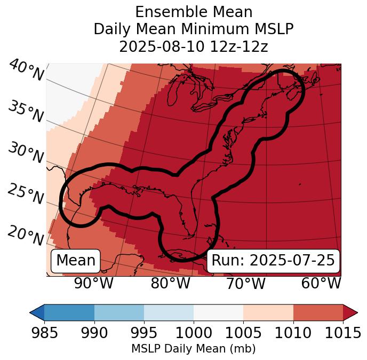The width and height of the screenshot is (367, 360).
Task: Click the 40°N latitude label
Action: tap(26, 71)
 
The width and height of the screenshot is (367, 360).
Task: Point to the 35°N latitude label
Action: tap(25, 112)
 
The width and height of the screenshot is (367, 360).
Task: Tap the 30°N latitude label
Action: tap(25, 153)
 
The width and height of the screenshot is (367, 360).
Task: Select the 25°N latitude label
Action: tap(25, 194)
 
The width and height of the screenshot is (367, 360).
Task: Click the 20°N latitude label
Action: tap(25, 235)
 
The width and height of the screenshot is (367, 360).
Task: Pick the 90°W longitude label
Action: tap(93, 284)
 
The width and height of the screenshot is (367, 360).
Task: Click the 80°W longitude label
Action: tap(170, 284)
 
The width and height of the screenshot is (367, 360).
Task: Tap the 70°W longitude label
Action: tap(245, 284)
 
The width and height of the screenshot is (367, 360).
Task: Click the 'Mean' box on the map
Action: tap(76, 261)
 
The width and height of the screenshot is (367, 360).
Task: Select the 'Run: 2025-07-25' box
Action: tap(273, 261)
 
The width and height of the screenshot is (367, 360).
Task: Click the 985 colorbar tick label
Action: tap(44, 333)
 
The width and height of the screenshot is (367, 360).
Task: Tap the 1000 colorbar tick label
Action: tap(194, 333)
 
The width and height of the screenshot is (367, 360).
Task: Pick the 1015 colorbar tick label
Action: tap(342, 333)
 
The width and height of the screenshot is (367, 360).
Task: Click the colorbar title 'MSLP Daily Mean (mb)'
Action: tap(194, 349)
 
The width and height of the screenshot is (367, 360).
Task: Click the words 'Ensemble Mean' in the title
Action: tap(194, 12)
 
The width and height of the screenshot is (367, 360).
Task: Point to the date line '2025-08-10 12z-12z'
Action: tap(194, 46)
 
